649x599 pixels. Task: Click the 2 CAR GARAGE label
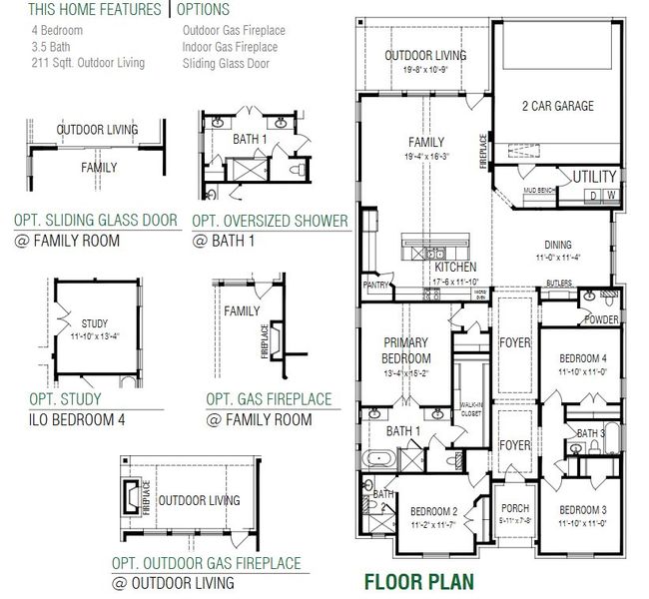[557, 107]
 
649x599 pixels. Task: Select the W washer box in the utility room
[609, 195]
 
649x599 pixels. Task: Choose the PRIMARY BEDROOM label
[406, 350]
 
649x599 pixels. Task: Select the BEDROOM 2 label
[433, 509]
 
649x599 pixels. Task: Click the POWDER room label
[601, 319]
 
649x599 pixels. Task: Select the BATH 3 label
[590, 433]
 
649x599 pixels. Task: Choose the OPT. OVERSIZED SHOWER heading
[270, 221]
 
